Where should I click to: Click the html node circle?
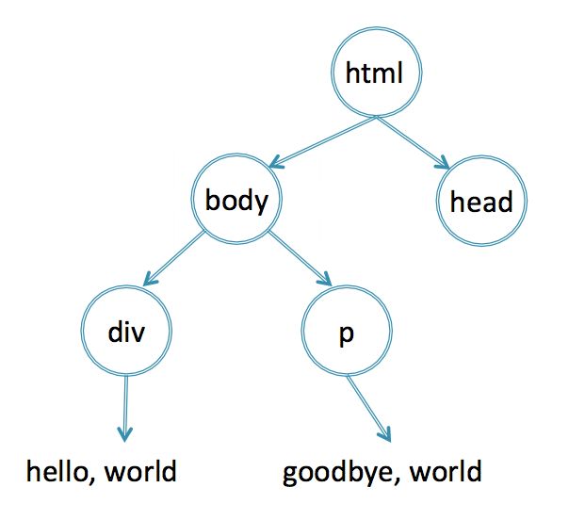point(377,28)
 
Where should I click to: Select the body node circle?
point(236,154)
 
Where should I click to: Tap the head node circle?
point(481,156)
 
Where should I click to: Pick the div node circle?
point(126,286)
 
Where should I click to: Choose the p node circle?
point(347,286)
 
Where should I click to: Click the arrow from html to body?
point(323,141)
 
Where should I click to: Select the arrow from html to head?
point(413,143)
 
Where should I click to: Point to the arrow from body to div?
point(174,258)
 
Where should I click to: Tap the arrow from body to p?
point(300,258)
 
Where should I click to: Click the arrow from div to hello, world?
point(125,409)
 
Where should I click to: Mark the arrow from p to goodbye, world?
point(368,409)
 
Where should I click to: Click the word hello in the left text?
point(57,471)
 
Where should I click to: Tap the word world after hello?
point(140,471)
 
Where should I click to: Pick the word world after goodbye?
point(446,471)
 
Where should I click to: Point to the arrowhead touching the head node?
point(444,163)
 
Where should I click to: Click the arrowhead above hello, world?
point(125,434)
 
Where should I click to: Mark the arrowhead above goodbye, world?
point(386,435)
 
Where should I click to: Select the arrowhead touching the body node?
point(275,162)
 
